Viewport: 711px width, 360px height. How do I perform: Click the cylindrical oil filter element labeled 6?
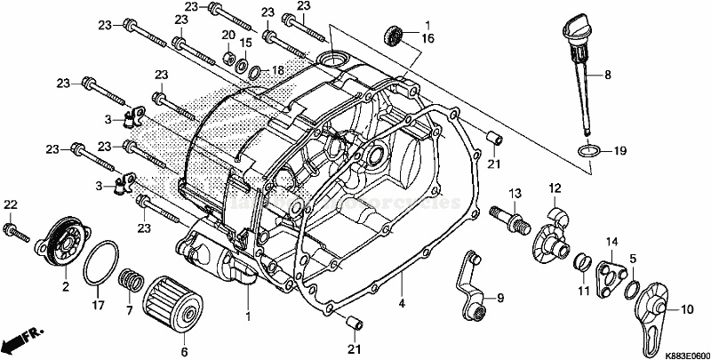[x=171, y=300]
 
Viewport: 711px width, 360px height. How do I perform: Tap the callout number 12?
[x=554, y=188]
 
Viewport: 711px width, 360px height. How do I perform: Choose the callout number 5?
[x=632, y=259]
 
